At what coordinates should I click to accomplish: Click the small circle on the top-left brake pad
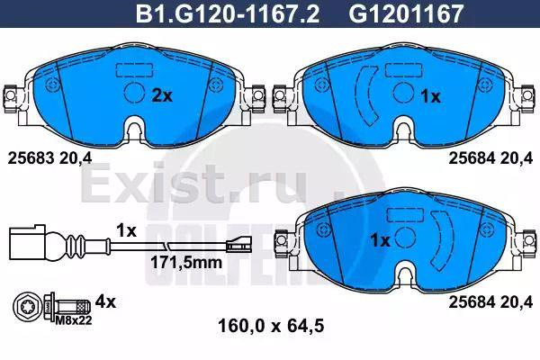click(x=133, y=93)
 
